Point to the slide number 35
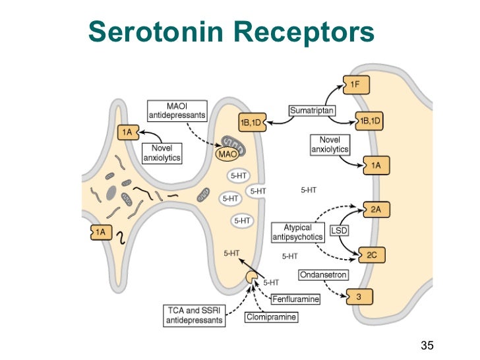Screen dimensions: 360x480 (427, 344)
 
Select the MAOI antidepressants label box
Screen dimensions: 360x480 (176, 110)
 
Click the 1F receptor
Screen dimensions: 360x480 (356, 84)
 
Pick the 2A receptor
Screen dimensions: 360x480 (375, 210)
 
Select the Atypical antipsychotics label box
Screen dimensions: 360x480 (298, 231)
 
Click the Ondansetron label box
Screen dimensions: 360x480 (323, 274)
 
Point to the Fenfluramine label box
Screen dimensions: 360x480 (296, 299)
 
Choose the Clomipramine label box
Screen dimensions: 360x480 (271, 317)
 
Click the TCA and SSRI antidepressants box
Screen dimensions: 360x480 (193, 314)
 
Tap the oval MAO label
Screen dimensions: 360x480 (226, 155)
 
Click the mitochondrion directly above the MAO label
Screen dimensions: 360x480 (231, 142)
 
